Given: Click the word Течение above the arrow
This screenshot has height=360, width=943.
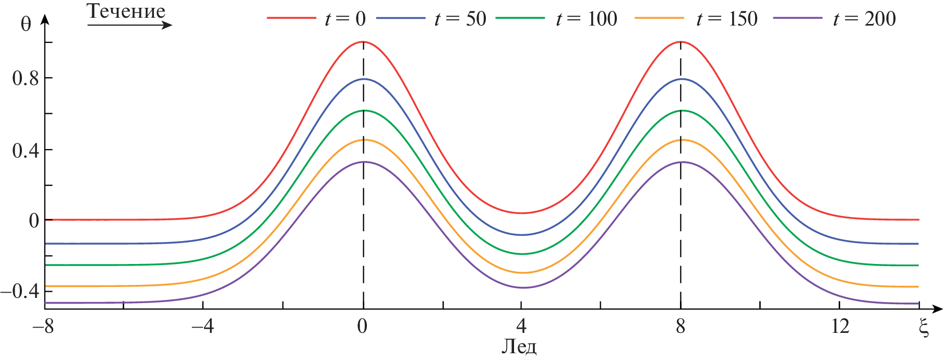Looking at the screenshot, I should click(126, 11).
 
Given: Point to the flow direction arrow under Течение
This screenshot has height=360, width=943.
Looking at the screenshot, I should click(129, 25).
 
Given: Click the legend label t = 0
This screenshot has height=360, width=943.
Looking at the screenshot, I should click(345, 19).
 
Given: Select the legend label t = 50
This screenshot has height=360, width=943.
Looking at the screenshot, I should click(460, 19).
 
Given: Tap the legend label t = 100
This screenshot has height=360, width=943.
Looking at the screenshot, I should click(586, 19).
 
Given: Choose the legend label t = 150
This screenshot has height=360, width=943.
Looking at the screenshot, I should click(726, 19).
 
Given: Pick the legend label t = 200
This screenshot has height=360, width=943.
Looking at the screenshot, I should click(864, 19).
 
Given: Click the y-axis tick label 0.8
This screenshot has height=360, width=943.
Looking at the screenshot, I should click(26, 78).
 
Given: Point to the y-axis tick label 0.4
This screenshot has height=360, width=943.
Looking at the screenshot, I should click(26, 150).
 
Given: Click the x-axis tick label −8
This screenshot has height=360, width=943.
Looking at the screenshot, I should click(43, 327).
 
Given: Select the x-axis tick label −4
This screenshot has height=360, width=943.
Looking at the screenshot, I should click(202, 327).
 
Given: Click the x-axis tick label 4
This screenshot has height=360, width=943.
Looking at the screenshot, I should click(521, 327).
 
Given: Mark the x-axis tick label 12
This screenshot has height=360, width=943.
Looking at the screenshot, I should click(840, 327).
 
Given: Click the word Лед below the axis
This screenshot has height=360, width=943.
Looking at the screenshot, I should click(519, 346).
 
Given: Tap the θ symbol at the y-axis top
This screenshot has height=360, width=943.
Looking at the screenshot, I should click(26, 25).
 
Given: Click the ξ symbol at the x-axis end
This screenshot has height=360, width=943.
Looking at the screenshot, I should click(924, 328).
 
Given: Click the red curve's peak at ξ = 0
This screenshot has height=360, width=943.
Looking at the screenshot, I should click(363, 42).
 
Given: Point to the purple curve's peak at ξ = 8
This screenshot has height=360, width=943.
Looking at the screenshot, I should click(681, 162).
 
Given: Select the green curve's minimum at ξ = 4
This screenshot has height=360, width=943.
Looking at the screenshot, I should click(522, 254).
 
